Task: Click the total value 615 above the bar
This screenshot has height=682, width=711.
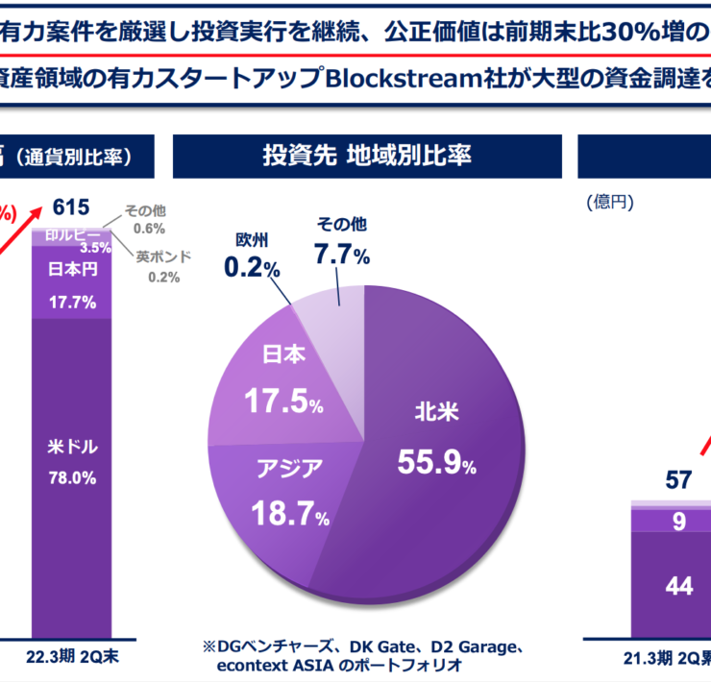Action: [x=71, y=207]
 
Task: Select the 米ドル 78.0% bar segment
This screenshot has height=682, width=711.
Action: [x=72, y=461]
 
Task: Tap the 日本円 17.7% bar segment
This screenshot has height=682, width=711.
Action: [x=72, y=286]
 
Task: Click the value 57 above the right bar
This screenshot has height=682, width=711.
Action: [x=678, y=480]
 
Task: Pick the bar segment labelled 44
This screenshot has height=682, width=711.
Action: [x=678, y=586]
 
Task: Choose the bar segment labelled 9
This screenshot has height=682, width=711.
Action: [x=678, y=522]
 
